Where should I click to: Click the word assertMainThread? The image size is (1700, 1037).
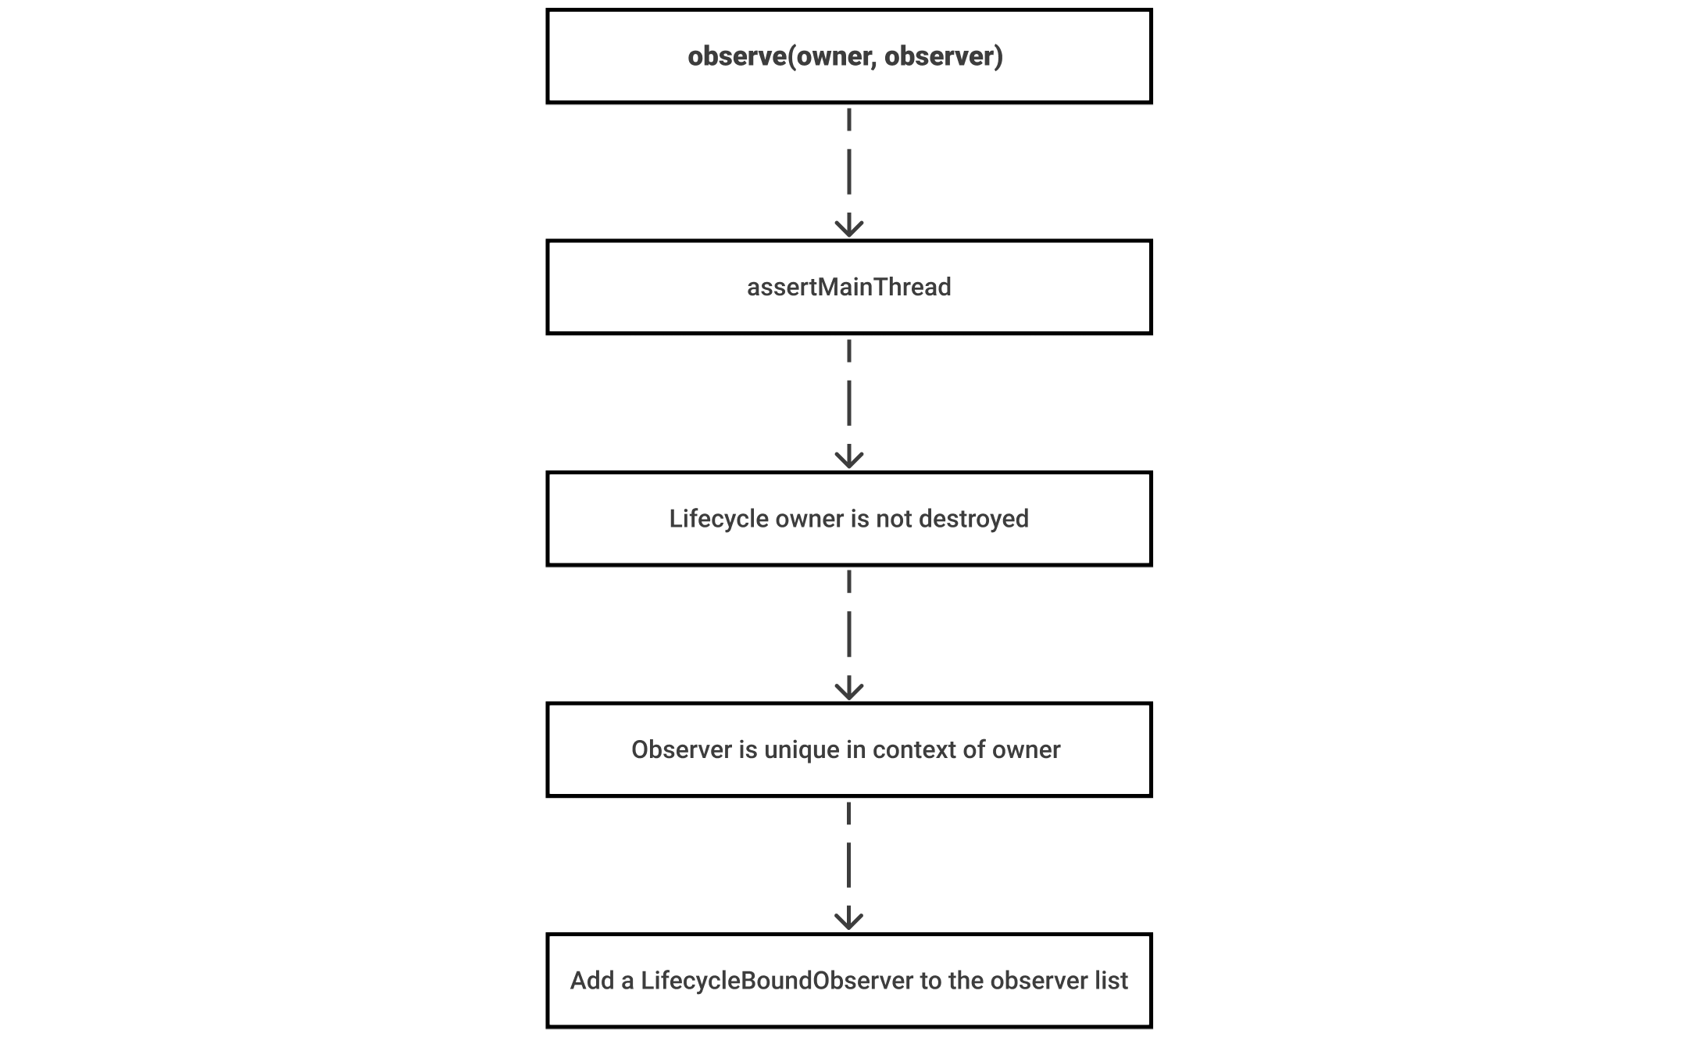click(x=848, y=287)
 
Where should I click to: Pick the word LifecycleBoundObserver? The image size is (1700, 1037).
click(x=777, y=981)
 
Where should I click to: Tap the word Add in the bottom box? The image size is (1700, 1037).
click(x=591, y=981)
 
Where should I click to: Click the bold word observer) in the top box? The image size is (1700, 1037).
click(x=944, y=56)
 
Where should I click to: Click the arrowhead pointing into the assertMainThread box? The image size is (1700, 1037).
click(x=849, y=227)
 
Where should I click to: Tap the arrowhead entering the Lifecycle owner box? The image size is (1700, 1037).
click(x=849, y=458)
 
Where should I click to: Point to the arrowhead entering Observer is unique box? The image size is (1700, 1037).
click(x=849, y=689)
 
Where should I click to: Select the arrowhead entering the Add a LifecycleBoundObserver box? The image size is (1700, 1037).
click(x=849, y=919)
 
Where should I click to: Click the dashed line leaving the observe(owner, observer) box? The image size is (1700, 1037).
click(x=849, y=172)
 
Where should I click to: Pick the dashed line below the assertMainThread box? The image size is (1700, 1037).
click(x=849, y=403)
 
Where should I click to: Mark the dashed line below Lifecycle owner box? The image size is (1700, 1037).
click(x=849, y=635)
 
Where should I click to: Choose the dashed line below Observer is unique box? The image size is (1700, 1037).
click(x=849, y=865)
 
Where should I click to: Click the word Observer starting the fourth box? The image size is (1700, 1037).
click(x=683, y=750)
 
